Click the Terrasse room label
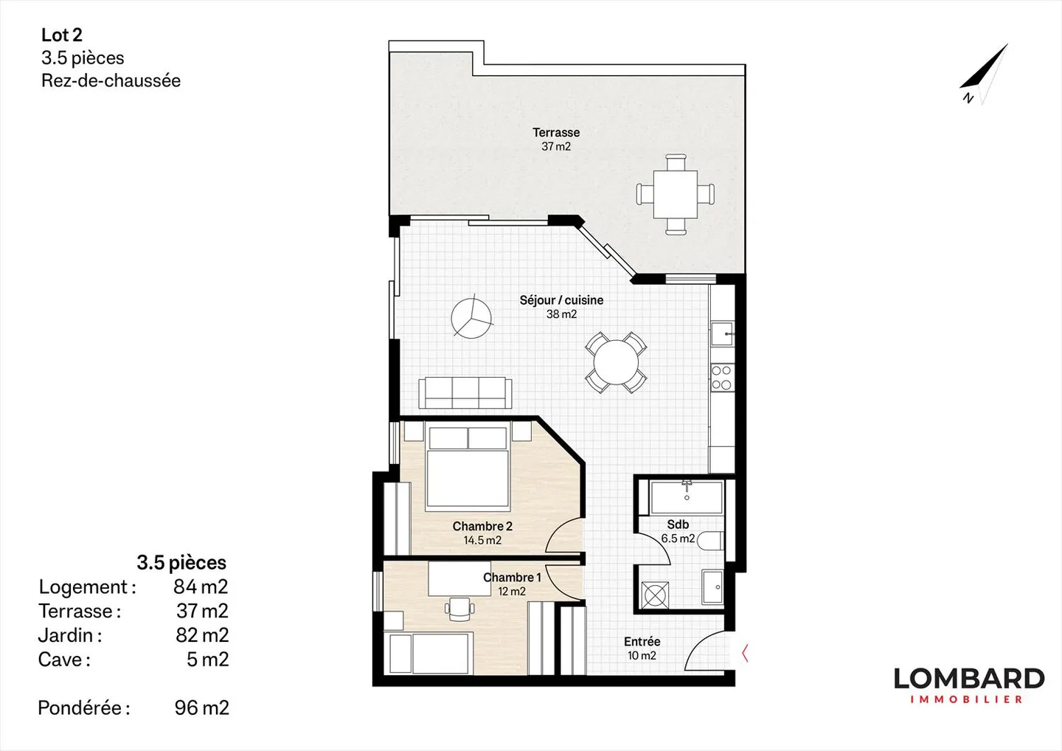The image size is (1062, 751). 556,133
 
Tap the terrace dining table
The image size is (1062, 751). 676,194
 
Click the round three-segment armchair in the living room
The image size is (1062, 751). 471,316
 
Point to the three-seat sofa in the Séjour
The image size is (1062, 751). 465,392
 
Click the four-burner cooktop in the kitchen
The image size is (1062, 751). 721,378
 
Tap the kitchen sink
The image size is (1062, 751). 722,334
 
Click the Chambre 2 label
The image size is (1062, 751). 482,526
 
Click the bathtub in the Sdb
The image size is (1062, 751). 687,496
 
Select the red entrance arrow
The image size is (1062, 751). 745,653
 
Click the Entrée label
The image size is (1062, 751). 642,642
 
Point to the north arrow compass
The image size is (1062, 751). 983,75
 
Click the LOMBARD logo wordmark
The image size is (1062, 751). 969,679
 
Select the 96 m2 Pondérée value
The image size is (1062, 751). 201,707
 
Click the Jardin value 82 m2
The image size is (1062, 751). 202,635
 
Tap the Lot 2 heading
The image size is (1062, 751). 62,35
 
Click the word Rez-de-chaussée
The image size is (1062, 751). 111,80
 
